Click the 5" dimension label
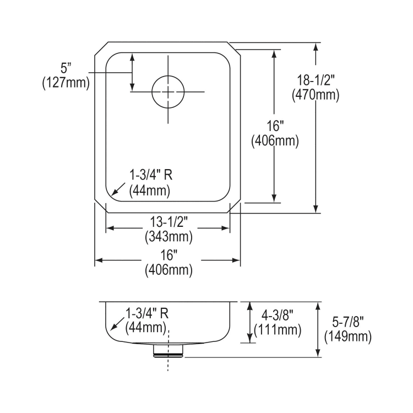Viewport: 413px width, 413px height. pyautogui.click(x=66, y=69)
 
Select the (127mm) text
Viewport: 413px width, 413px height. pyautogui.click(x=66, y=82)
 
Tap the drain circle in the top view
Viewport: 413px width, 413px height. pyautogui.click(x=167, y=91)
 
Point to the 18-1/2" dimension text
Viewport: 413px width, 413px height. pyautogui.click(x=314, y=81)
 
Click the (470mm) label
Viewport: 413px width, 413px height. pyautogui.click(x=314, y=95)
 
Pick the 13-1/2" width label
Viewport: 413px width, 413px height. pyautogui.click(x=168, y=225)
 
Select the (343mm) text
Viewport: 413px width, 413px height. pyautogui.click(x=168, y=237)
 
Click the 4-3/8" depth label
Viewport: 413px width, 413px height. pyautogui.click(x=278, y=317)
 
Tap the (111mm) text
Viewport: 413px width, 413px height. pyautogui.click(x=278, y=330)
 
